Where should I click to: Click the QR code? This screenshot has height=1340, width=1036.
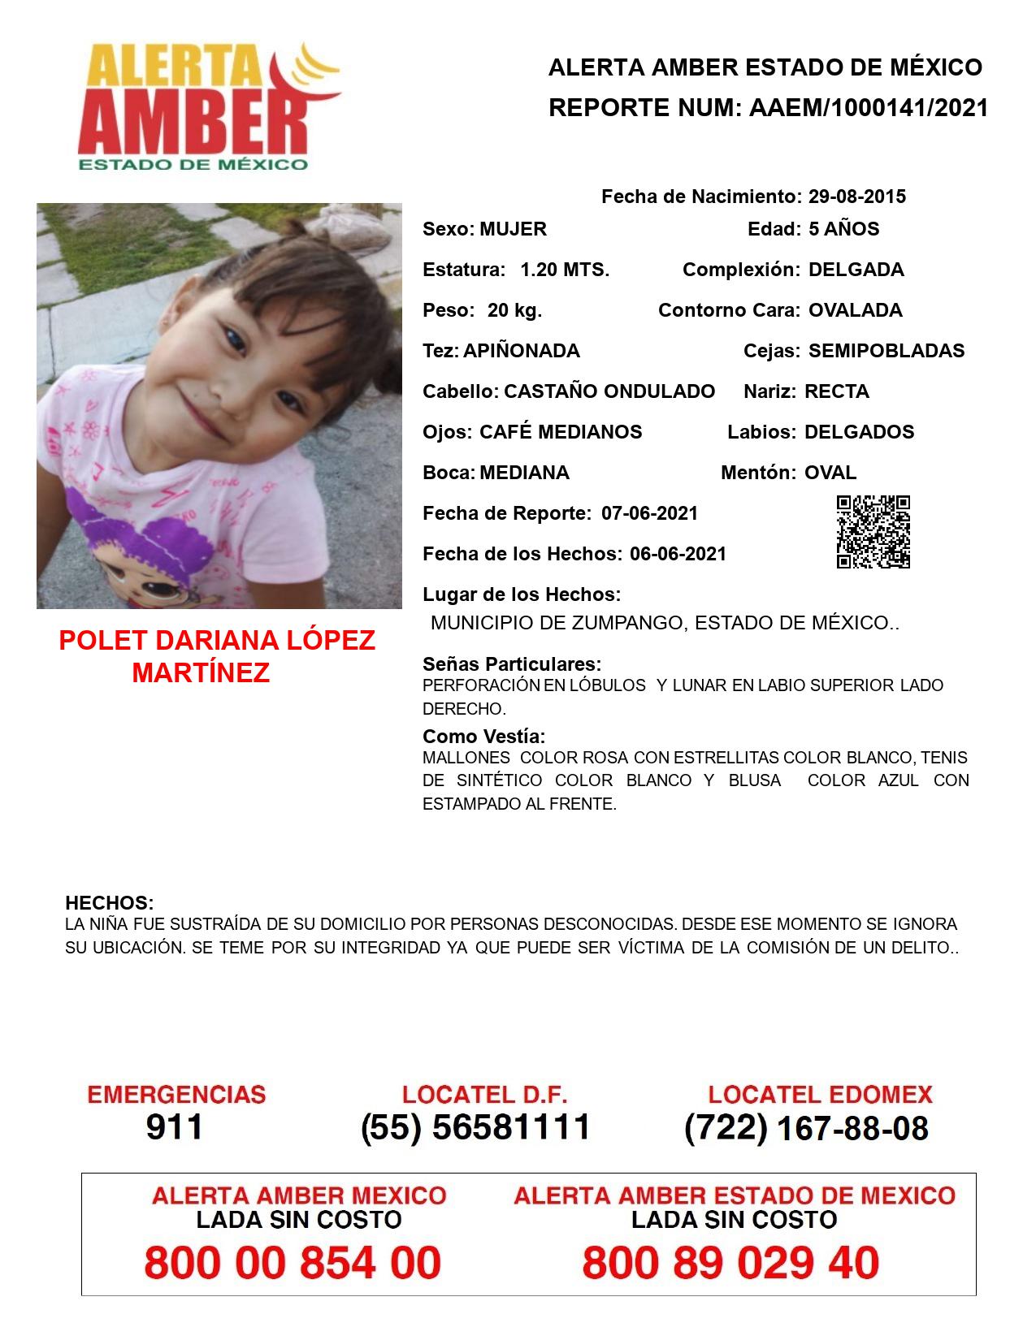(873, 532)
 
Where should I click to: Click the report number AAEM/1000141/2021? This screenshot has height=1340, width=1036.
(869, 108)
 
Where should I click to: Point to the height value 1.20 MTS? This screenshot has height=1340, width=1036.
(565, 270)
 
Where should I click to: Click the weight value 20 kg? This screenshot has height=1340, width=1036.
(514, 310)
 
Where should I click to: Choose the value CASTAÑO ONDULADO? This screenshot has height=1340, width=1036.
(609, 391)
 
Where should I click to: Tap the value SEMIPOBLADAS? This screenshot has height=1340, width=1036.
(886, 351)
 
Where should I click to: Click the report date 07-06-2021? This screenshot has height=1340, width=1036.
(649, 513)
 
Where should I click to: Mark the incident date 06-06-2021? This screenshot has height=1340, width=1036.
(678, 554)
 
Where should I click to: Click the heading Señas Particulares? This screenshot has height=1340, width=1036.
(512, 664)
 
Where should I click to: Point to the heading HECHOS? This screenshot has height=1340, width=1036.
(109, 903)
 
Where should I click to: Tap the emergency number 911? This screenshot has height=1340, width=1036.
(175, 1127)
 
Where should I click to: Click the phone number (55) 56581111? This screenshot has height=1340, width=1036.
(475, 1127)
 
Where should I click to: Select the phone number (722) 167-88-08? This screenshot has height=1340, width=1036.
(806, 1128)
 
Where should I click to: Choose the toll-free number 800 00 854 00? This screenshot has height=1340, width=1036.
(293, 1264)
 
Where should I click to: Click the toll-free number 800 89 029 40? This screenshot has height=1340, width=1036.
(730, 1264)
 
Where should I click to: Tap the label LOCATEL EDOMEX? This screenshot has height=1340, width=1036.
(820, 1095)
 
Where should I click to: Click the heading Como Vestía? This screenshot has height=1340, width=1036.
(484, 737)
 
